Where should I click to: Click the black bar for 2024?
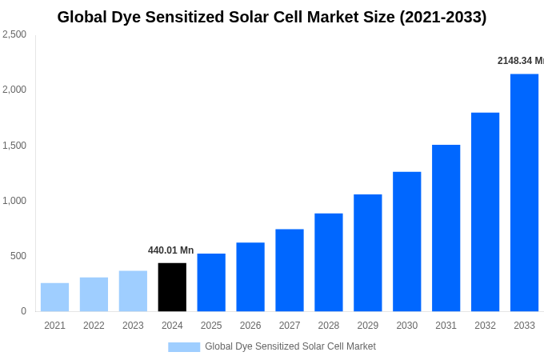click(x=172, y=287)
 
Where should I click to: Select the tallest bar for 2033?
click(x=524, y=193)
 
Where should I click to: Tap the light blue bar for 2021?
click(x=54, y=297)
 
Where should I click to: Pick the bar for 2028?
click(x=328, y=262)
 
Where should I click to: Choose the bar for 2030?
click(x=406, y=242)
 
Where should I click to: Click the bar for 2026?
click(x=250, y=277)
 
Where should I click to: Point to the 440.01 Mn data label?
click(x=170, y=250)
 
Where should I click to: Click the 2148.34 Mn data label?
click(x=520, y=61)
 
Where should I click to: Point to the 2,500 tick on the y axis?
click(x=14, y=34)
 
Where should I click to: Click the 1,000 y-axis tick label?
click(x=14, y=201)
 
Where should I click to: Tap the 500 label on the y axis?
click(x=18, y=256)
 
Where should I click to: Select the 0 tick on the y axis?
click(x=23, y=311)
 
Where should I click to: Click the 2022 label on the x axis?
click(x=94, y=326)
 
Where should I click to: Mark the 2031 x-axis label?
click(x=446, y=326)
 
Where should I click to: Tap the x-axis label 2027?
click(x=290, y=326)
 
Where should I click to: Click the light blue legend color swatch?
click(x=184, y=347)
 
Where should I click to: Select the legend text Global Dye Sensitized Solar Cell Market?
click(x=290, y=346)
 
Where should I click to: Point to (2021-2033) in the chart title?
click(x=442, y=17)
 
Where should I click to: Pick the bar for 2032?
click(x=485, y=212)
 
